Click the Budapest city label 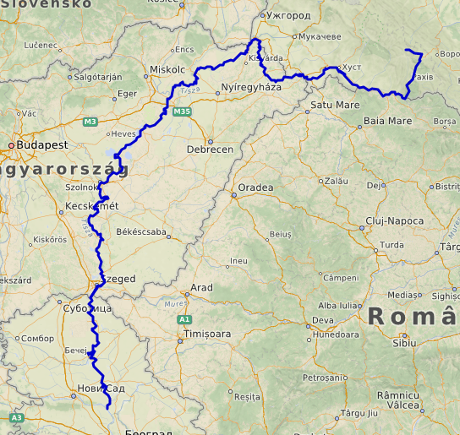point(41,145)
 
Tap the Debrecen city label point(210,150)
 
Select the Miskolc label point(167,69)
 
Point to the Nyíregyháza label point(250,87)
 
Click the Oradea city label point(255,187)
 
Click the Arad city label point(202,287)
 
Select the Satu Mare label point(335,105)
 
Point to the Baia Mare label point(387,121)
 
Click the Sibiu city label point(404,342)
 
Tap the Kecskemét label point(92,207)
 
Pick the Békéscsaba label point(142,231)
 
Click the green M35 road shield point(181,111)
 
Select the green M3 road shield point(90,122)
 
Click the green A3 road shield point(16,417)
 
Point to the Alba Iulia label point(337,305)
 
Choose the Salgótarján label point(99,76)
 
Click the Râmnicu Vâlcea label point(398,400)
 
